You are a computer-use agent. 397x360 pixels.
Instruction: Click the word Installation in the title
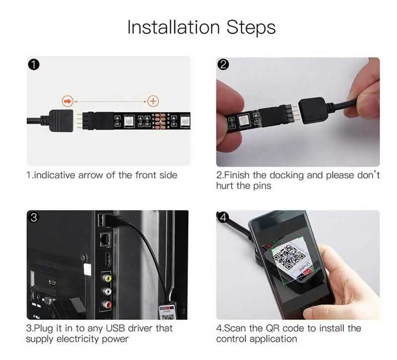173,27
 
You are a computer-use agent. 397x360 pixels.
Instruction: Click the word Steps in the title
251,27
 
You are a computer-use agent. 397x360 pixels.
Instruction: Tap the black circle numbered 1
34,65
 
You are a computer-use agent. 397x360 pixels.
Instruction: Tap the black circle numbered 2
223,65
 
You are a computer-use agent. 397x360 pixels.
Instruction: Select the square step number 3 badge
33,217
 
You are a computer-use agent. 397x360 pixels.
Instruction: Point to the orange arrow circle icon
67,101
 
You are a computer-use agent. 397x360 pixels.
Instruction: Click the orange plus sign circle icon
153,101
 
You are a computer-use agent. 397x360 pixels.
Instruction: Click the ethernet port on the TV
105,239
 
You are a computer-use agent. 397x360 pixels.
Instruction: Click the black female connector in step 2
312,111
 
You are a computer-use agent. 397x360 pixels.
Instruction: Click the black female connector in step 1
61,120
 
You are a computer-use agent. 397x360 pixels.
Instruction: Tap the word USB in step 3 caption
116,328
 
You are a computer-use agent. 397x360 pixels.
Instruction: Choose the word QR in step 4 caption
272,328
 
